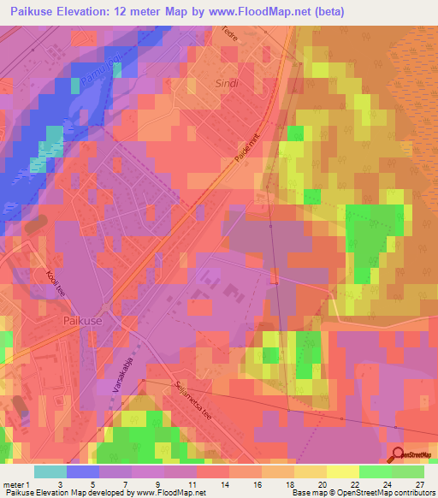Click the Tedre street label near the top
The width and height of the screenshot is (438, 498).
tap(253, 37)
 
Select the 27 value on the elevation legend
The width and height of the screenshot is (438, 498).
tap(419, 483)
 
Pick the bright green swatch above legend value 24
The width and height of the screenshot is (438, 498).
tap(376, 471)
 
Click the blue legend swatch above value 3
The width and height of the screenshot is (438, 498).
tap(82, 471)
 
